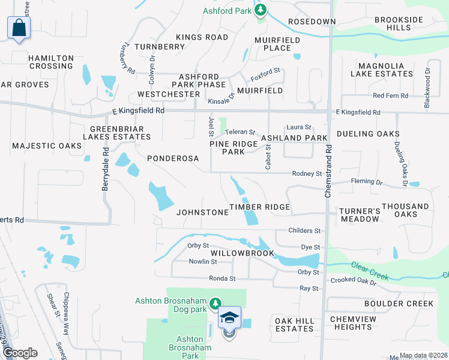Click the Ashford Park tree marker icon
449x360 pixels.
(261, 10)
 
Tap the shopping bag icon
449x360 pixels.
(19, 28)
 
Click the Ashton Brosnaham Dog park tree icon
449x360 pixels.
(215, 304)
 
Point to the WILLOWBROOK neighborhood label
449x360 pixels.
(242, 254)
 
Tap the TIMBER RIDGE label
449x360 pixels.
(260, 207)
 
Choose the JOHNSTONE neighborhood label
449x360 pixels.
(202, 212)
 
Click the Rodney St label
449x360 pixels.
(307, 173)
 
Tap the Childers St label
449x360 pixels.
(304, 230)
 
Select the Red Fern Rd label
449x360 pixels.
(390, 95)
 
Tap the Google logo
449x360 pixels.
(20, 353)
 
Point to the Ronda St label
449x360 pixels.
(222, 278)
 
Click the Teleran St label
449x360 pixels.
(241, 132)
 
